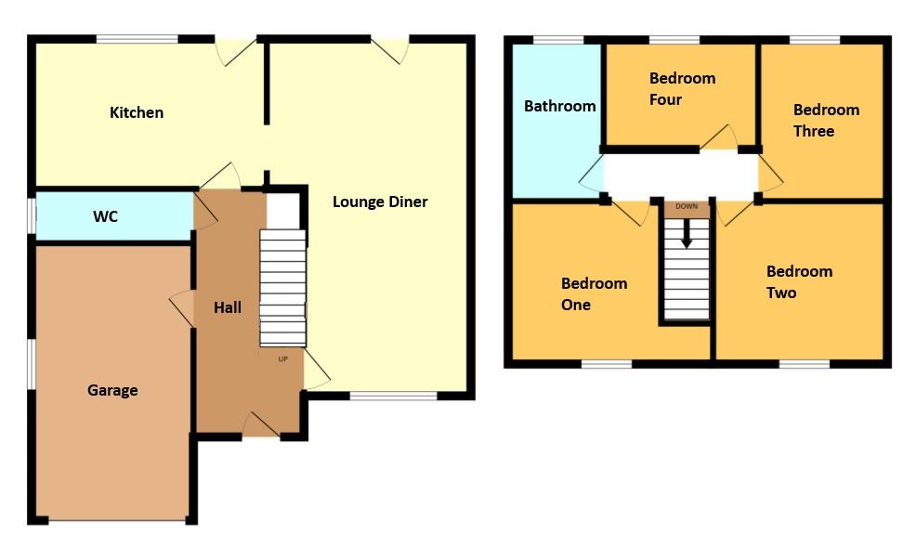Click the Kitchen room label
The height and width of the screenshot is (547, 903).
(x=137, y=112)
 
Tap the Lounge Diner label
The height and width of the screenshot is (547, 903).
(x=380, y=202)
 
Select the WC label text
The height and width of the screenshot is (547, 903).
(x=105, y=216)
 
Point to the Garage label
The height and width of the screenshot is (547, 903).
(x=112, y=390)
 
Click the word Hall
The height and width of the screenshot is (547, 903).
(x=228, y=306)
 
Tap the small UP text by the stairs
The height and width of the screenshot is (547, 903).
(x=283, y=358)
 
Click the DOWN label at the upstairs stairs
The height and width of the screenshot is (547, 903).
(x=687, y=207)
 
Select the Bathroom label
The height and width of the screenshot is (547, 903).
(x=559, y=106)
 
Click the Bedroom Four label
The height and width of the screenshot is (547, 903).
(x=682, y=88)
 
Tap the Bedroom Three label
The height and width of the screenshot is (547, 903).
(x=826, y=120)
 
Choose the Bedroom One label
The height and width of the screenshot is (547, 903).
(x=594, y=293)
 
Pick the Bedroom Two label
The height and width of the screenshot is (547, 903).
(x=799, y=281)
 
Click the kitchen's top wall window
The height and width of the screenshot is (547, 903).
(x=137, y=39)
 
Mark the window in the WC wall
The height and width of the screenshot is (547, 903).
(x=32, y=215)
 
